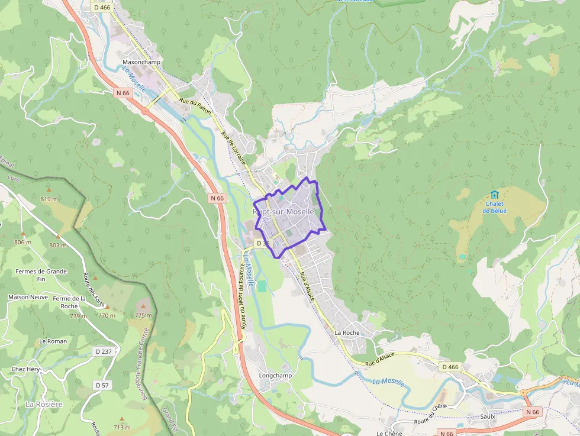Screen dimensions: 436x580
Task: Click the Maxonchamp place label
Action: [x=141, y=62]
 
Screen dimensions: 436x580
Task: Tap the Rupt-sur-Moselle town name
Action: [x=283, y=211]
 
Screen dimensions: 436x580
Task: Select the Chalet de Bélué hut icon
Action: [x=494, y=195]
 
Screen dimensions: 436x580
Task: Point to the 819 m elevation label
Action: [x=49, y=199]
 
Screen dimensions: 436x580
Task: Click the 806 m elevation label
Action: [x=22, y=243]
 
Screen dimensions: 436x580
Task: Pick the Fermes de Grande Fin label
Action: [x=41, y=275]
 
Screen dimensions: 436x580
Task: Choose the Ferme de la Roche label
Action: [x=69, y=302]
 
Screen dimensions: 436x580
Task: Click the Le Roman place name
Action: [x=53, y=341]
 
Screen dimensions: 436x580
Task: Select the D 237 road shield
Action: [x=104, y=351]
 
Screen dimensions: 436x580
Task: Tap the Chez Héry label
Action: [x=25, y=369]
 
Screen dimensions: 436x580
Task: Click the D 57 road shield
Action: [x=102, y=385]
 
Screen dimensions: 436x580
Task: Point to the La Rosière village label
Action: [x=44, y=404]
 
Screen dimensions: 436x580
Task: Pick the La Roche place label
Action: [x=347, y=332]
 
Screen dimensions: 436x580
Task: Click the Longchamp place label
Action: [x=276, y=376]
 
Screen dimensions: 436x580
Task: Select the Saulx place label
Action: [x=488, y=416]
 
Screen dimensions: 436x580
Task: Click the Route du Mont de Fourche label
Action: [x=242, y=296]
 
